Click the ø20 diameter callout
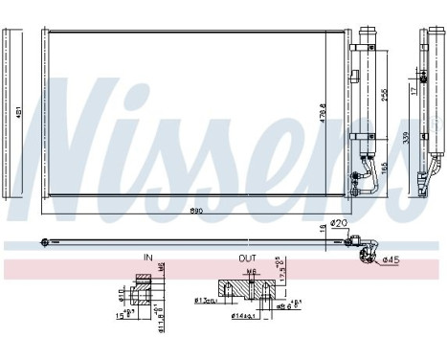point(338,223)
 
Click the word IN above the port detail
point(148,259)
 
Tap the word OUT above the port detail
point(247,259)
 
